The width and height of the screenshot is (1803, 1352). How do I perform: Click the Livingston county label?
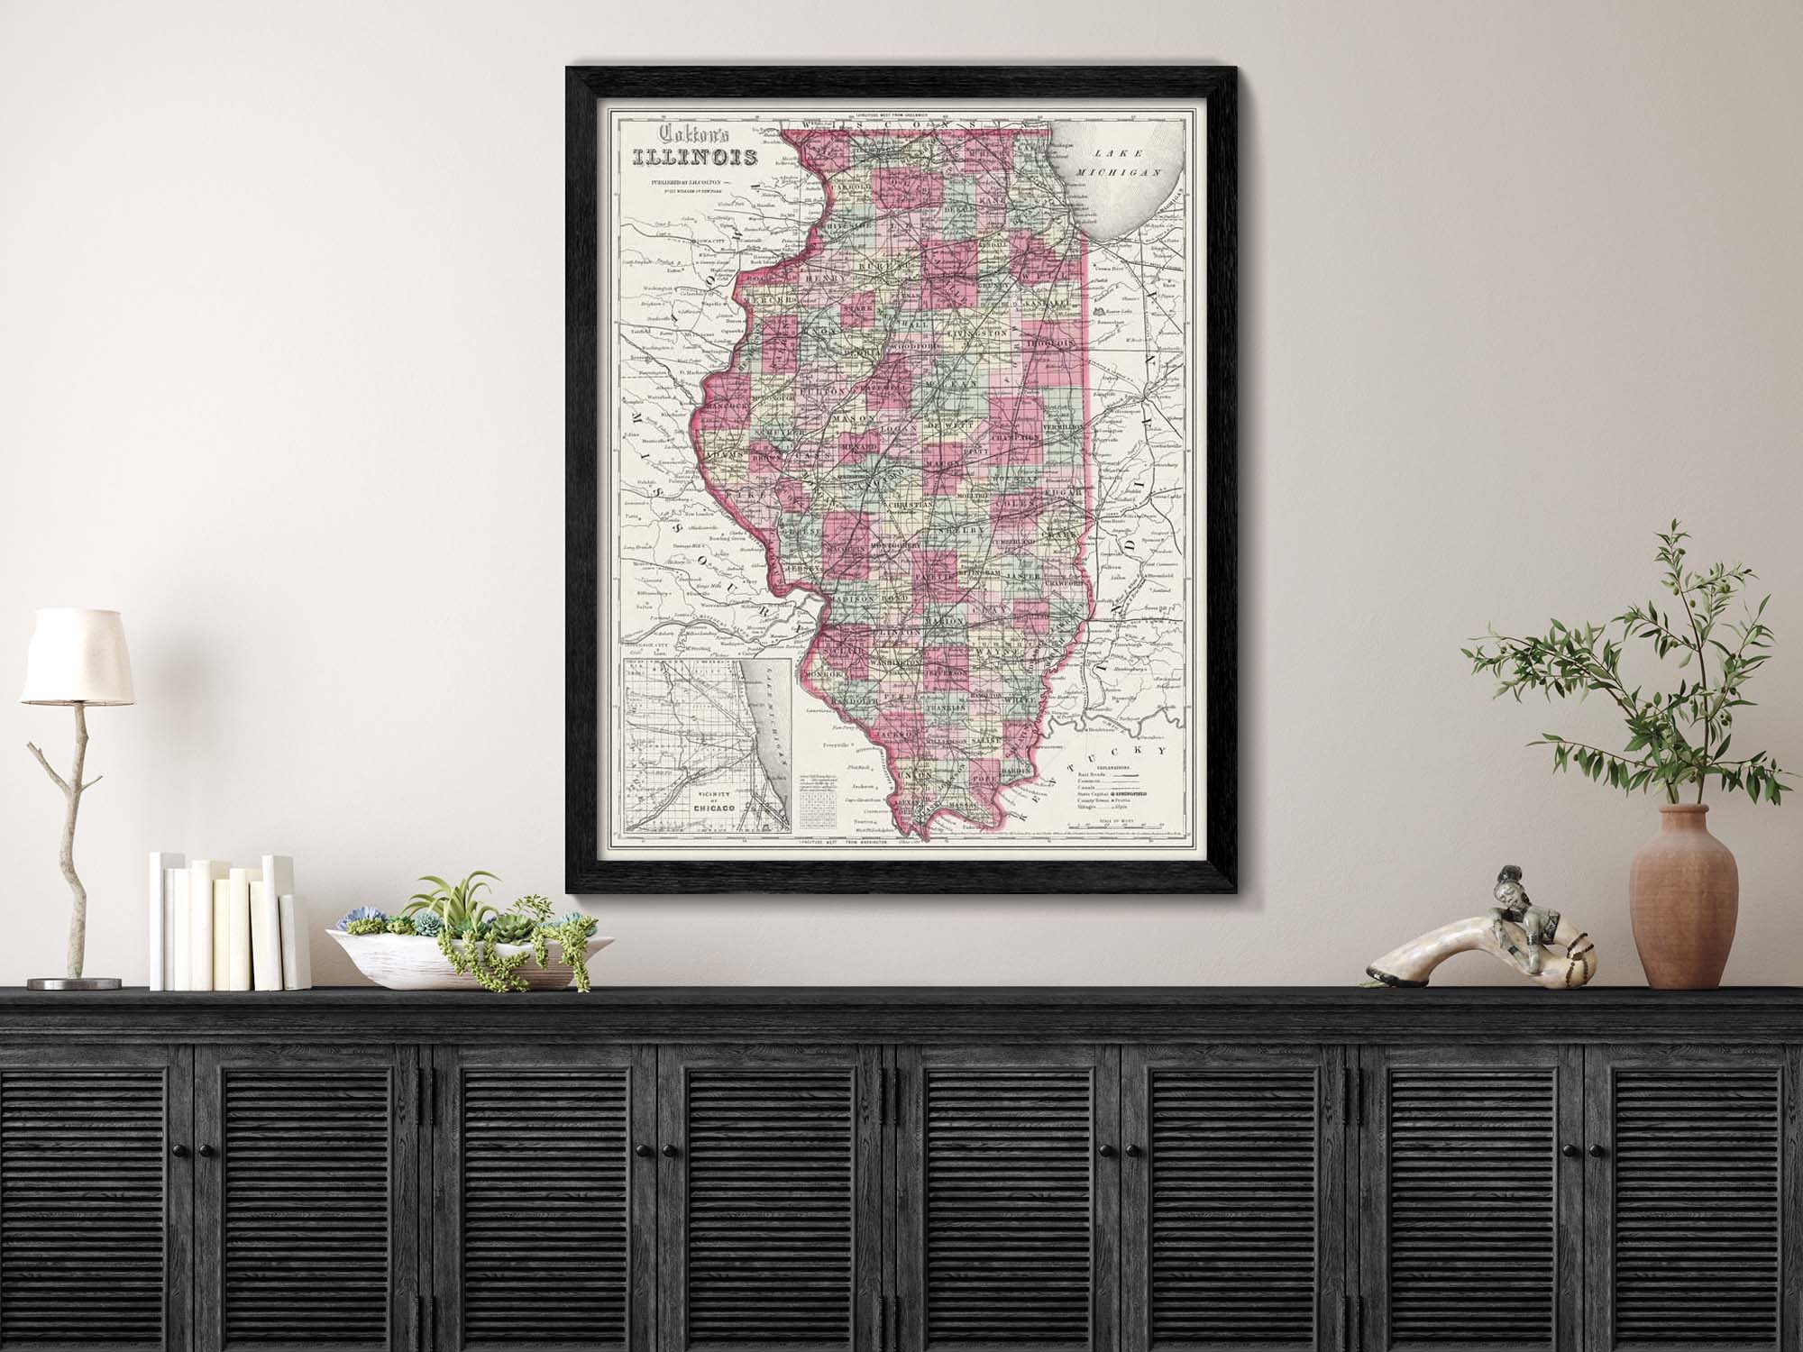click(x=977, y=333)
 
